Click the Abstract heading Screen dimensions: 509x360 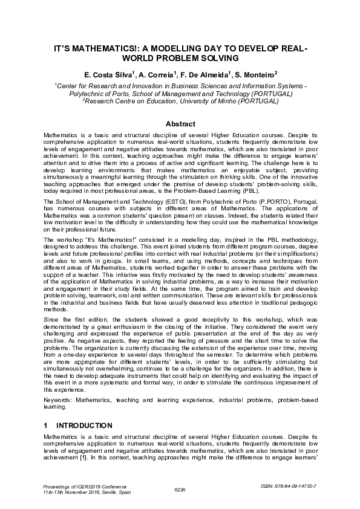pyautogui.click(x=180, y=123)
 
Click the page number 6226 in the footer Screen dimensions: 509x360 pyautogui.click(x=180, y=489)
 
